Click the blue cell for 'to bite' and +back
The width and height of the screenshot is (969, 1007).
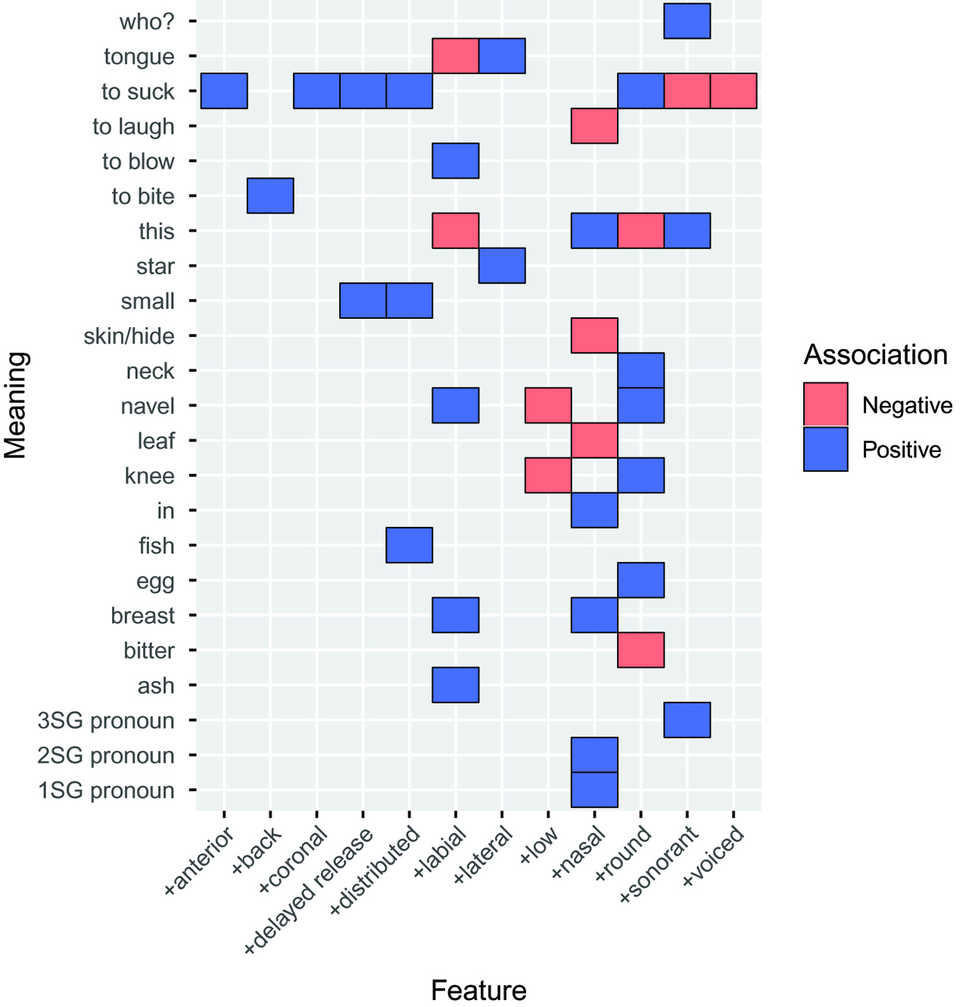[270, 196]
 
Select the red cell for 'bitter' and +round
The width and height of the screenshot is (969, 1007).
[641, 650]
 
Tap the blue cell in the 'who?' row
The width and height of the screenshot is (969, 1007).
[687, 21]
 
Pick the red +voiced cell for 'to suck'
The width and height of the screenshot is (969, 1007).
[734, 91]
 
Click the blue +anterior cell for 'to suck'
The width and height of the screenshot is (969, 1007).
[224, 91]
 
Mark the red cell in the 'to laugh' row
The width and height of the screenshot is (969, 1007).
[594, 126]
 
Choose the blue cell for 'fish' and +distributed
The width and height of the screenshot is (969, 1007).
[410, 545]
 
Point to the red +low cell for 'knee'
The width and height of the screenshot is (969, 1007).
[548, 475]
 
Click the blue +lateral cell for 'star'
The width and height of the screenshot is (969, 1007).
[502, 266]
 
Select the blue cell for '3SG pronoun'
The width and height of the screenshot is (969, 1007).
[687, 720]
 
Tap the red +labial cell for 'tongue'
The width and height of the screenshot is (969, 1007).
[456, 56]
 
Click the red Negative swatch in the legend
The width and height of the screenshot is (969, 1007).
[826, 405]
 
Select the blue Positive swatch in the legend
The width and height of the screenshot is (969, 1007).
[826, 450]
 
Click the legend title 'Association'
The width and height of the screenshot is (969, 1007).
[876, 355]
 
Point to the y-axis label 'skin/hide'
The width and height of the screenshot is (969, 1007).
[129, 336]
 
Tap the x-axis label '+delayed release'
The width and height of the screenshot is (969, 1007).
[310, 890]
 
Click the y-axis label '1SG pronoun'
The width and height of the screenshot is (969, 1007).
[107, 790]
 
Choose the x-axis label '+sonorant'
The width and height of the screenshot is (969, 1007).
[659, 865]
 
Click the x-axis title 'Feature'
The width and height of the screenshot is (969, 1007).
[478, 990]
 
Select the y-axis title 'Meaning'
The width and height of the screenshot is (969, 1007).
[16, 406]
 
